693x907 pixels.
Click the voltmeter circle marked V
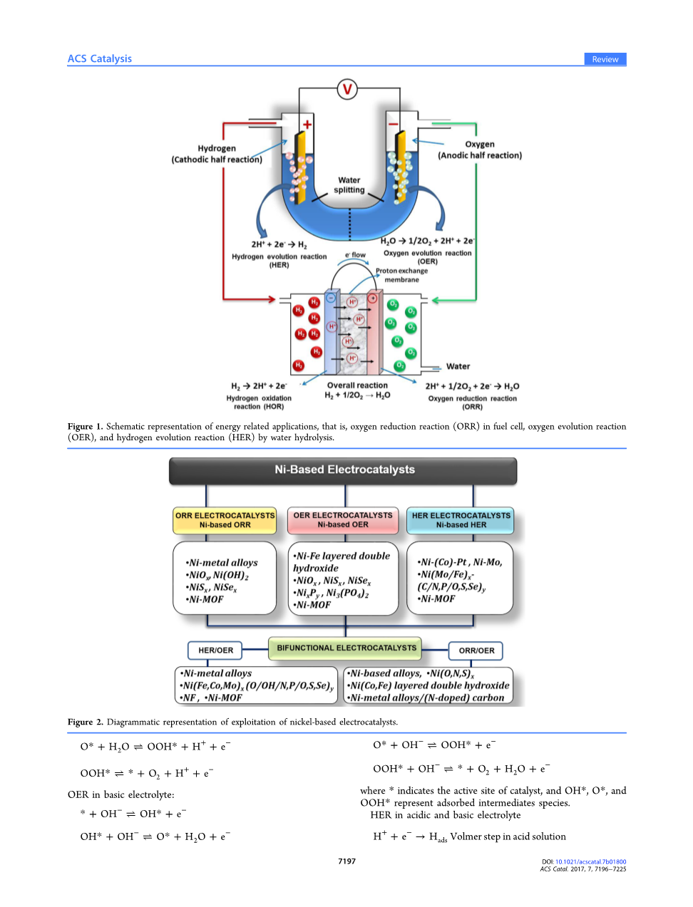347,89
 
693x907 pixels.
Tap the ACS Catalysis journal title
100,59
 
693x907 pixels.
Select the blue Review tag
605,59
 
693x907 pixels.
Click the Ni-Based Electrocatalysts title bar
343,470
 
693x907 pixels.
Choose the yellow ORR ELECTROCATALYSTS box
225,520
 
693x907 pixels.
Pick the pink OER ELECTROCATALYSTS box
343,519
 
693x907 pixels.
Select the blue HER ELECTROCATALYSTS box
461,520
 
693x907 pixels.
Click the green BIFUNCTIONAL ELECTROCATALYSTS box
346,648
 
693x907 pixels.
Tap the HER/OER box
215,651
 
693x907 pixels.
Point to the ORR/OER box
476,651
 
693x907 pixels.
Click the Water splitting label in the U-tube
349,185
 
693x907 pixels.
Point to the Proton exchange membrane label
402,275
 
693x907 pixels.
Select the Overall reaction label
357,385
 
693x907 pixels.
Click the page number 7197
346,861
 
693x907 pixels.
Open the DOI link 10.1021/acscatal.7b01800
590,862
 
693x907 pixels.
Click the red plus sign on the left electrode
307,125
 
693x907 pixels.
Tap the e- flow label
355,255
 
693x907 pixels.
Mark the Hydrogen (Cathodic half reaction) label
217,154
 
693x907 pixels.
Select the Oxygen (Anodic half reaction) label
480,150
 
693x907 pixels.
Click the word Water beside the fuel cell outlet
458,366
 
